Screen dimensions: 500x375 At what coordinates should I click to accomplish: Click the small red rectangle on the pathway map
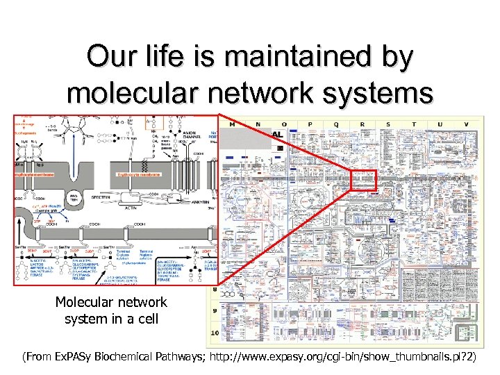point(363,181)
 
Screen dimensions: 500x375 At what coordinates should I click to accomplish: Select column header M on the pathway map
point(231,124)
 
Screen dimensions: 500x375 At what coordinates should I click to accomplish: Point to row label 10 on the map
point(215,333)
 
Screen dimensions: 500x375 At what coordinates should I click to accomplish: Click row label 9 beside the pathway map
point(215,310)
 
